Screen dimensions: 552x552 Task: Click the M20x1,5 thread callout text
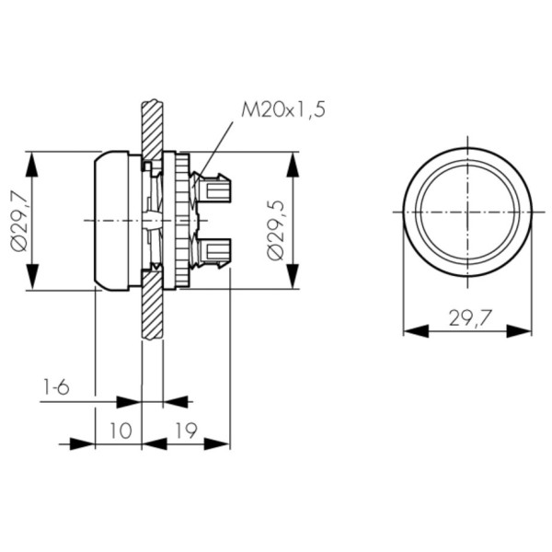coord(282,110)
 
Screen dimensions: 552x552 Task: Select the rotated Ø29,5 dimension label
coord(275,227)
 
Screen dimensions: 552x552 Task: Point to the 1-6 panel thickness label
coord(56,387)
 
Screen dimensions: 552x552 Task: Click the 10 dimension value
coord(119,431)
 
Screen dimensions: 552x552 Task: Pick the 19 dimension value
coord(186,431)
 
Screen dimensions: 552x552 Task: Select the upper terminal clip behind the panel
coord(214,191)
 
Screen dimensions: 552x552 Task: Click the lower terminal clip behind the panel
coord(214,249)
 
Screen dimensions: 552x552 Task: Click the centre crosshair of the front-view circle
coord(467,212)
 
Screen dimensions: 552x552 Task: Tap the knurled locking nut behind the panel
coord(181,221)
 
